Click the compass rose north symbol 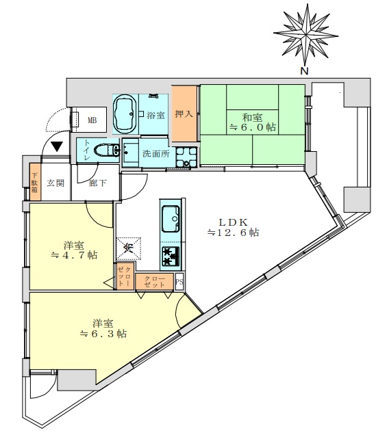click(x=305, y=35)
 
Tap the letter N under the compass click(x=305, y=71)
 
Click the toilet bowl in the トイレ click(x=107, y=150)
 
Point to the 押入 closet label click(x=184, y=114)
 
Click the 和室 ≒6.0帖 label click(x=253, y=122)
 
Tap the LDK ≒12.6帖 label click(x=234, y=227)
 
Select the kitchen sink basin click(x=171, y=218)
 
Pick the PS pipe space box click(x=179, y=282)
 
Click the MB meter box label click(x=92, y=120)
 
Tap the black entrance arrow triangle click(x=57, y=146)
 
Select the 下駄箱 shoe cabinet click(x=35, y=182)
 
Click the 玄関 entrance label click(x=55, y=183)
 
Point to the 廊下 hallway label click(x=98, y=183)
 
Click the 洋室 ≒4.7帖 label click(x=74, y=250)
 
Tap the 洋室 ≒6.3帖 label click(x=103, y=328)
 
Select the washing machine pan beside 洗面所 click(x=186, y=157)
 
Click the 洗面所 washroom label click(x=156, y=154)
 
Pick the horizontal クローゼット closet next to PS click(x=155, y=282)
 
